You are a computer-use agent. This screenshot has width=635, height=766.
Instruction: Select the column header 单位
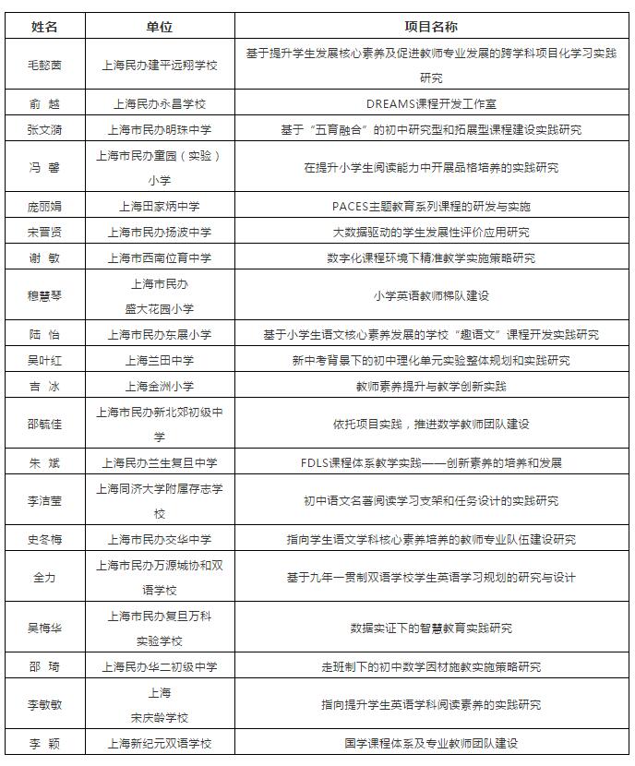point(159,27)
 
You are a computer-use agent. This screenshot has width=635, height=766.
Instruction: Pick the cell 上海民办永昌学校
point(159,104)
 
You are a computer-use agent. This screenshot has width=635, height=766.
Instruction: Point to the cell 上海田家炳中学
point(159,206)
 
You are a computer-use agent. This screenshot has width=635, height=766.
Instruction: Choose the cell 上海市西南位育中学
point(159,257)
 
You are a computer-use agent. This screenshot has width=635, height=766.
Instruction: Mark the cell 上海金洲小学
point(159,386)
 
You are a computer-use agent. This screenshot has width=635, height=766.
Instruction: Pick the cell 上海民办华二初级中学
point(159,666)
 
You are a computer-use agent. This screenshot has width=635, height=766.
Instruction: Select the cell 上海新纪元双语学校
point(159,743)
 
